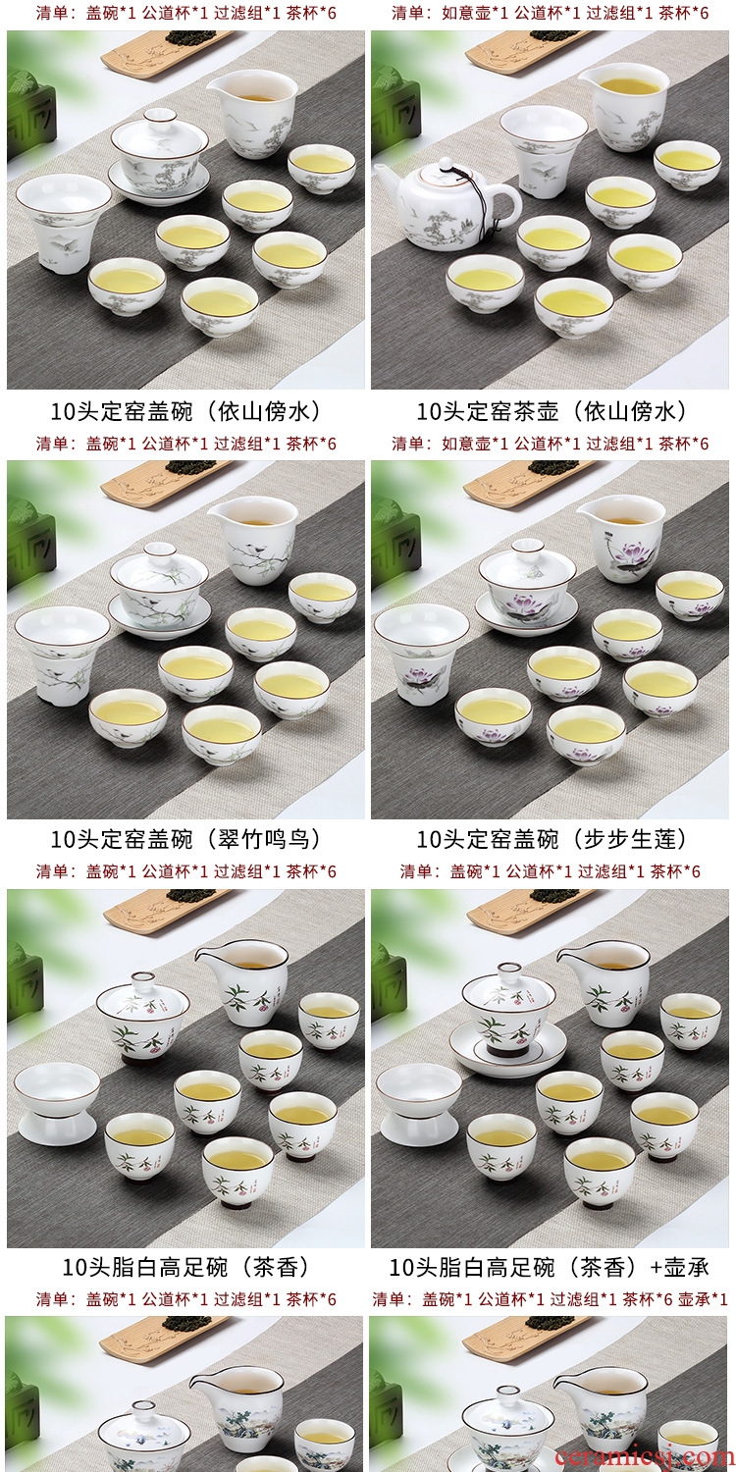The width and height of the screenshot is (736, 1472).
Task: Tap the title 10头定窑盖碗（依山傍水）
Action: click(x=186, y=412)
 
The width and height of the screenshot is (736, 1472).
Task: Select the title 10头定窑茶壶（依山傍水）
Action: click(x=552, y=412)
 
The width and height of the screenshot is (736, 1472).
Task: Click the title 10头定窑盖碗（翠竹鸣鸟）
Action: click(x=186, y=839)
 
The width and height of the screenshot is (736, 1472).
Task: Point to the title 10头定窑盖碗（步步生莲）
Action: click(x=552, y=839)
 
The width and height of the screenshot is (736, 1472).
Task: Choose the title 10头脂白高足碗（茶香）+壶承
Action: click(x=550, y=1267)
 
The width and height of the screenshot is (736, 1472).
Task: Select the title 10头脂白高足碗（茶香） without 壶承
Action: click(x=186, y=1267)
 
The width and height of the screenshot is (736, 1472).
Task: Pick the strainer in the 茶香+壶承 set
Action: click(x=419, y=1105)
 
